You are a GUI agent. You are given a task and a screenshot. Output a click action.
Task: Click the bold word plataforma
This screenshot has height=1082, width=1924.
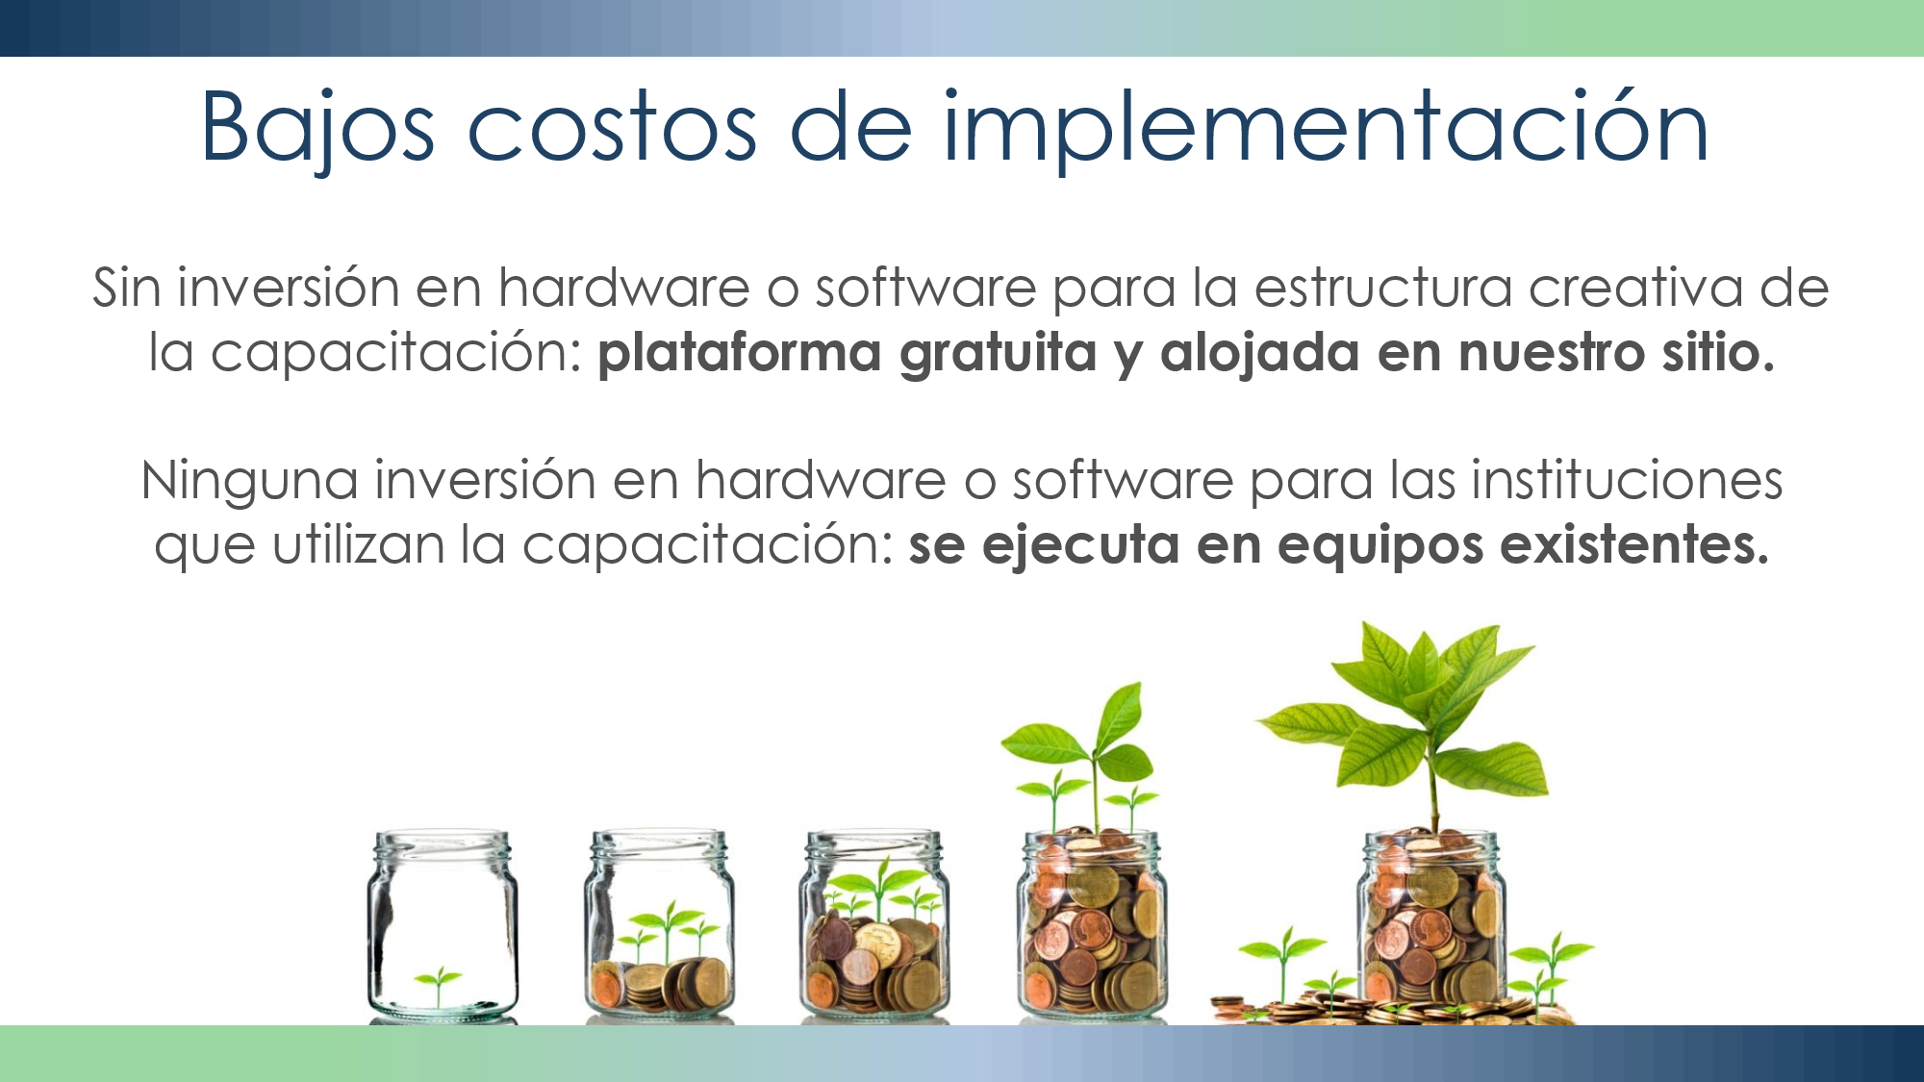click(740, 352)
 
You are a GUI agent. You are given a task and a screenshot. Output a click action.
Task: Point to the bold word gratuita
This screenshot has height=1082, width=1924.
click(999, 352)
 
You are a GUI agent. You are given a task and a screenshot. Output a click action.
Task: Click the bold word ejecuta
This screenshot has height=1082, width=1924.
click(1081, 545)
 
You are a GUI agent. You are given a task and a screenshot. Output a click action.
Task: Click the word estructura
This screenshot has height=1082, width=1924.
click(1383, 288)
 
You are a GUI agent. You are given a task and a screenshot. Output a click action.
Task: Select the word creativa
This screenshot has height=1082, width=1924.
click(1635, 288)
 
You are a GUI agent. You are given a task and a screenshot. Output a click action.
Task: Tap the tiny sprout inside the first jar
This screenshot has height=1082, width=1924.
click(440, 984)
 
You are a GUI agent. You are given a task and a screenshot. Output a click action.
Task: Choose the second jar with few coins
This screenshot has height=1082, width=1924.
click(660, 926)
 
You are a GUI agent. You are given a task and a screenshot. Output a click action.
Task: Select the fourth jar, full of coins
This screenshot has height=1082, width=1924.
click(1093, 926)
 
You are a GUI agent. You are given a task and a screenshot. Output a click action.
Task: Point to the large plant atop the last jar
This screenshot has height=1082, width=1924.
click(1405, 726)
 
